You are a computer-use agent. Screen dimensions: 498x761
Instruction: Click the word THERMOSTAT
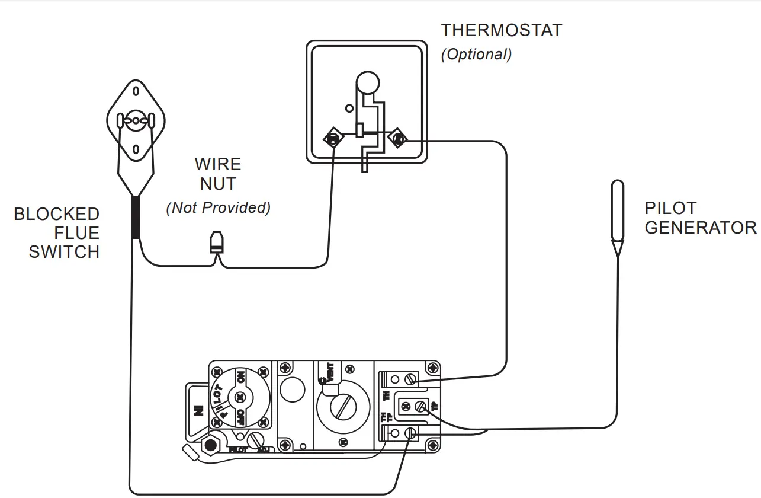click(x=501, y=31)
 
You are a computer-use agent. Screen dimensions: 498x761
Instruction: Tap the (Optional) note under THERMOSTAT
click(x=476, y=54)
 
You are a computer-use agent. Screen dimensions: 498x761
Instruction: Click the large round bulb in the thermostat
click(x=367, y=82)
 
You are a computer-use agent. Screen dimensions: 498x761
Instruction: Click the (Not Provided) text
click(x=218, y=208)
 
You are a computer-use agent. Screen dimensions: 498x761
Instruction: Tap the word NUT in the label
click(x=218, y=184)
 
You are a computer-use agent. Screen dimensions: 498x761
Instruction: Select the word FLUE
click(x=77, y=233)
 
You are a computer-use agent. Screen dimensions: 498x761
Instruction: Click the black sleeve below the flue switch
click(x=136, y=218)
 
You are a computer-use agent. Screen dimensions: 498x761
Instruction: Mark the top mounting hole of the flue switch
click(x=136, y=91)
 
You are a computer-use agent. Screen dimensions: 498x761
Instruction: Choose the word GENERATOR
click(x=700, y=228)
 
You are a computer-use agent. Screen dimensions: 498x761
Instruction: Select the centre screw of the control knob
click(x=239, y=397)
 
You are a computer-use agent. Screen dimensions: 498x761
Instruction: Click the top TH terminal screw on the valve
click(x=408, y=378)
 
